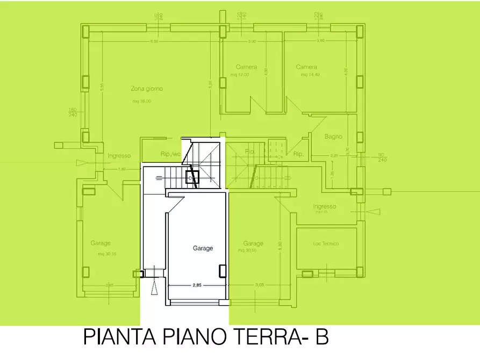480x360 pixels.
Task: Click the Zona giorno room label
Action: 146,89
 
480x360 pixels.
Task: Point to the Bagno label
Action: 333,136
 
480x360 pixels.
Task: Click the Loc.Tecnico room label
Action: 326,243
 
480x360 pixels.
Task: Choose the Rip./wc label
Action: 170,154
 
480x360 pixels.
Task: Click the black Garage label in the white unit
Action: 203,248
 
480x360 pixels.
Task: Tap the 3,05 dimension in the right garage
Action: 260,285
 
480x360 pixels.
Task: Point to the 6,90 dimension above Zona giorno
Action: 154,41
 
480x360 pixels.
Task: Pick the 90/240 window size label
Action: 382,157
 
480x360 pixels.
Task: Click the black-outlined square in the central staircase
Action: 192,177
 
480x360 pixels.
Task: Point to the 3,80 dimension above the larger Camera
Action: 320,41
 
